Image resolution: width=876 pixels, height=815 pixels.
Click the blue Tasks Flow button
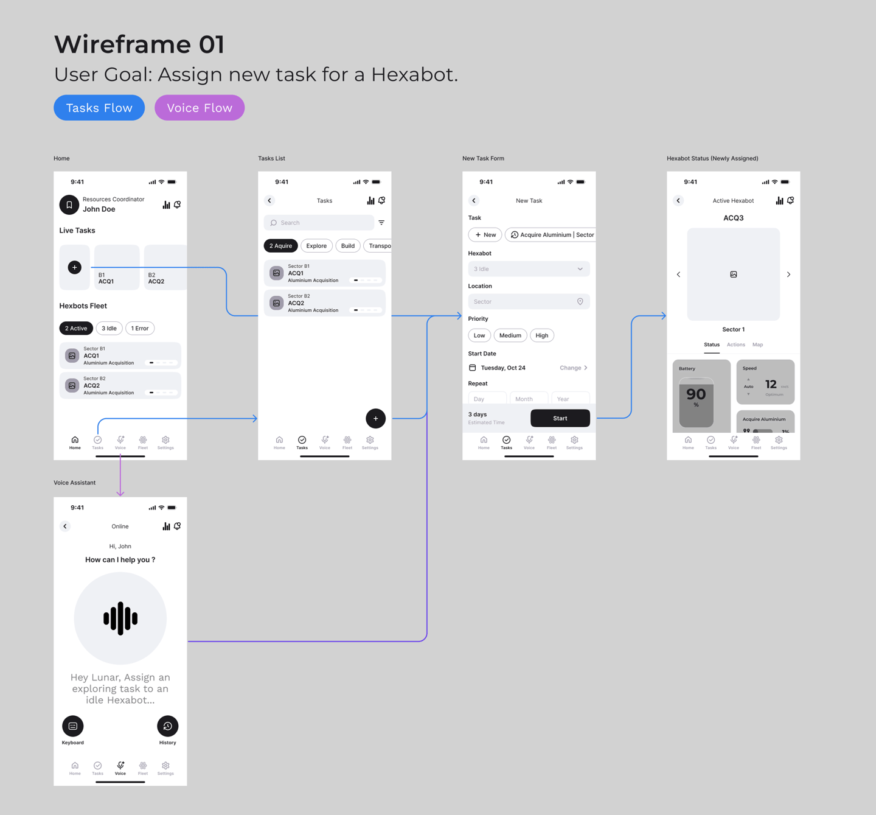pos(99,108)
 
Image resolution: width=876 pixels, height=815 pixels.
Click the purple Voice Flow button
pos(200,108)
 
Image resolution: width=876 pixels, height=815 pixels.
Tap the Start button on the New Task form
pos(560,418)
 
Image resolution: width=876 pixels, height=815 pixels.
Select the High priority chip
pos(541,335)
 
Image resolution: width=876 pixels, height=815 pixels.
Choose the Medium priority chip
pos(510,335)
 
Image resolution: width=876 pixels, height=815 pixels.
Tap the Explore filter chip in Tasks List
pos(316,246)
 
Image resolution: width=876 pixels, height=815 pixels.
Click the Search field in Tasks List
pos(319,223)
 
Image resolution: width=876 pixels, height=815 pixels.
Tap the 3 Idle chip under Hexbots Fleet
pos(109,328)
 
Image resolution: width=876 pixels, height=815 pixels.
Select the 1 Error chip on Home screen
pos(140,328)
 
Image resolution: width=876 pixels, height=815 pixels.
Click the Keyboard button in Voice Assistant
pos(73,726)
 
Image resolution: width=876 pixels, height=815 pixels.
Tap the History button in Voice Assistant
pos(167,726)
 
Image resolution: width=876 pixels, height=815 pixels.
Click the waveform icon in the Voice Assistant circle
pos(120,618)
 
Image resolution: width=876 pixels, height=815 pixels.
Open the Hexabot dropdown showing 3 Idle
pos(529,269)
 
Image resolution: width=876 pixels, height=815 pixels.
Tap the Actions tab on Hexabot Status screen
pos(735,345)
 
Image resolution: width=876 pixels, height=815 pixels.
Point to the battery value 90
pos(696,394)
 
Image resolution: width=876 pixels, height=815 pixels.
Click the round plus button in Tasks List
pos(375,418)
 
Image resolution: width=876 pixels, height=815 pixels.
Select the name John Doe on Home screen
pos(99,209)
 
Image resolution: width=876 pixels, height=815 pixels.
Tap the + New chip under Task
pos(485,234)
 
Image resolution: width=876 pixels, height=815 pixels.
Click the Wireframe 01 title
pos(139,44)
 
